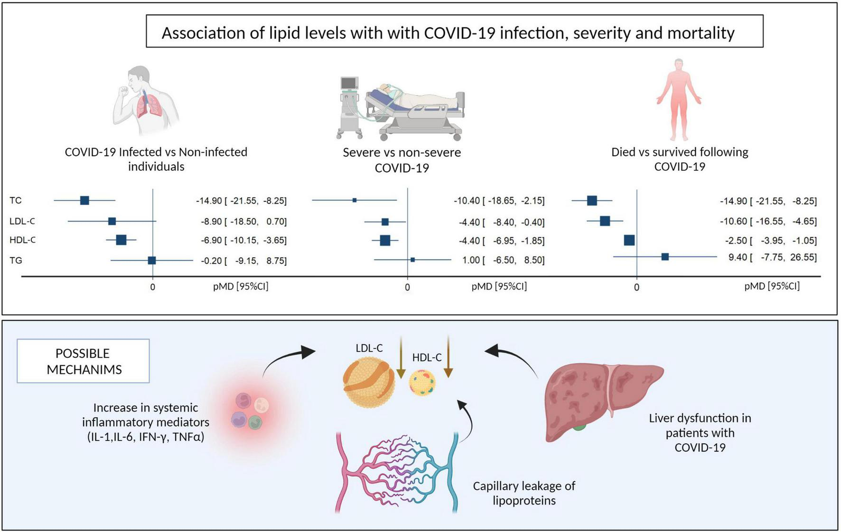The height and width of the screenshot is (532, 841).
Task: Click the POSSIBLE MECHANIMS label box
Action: [x=84, y=361]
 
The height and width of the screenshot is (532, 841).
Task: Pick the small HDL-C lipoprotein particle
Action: [x=422, y=383]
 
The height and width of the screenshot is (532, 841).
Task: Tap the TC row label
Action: [x=16, y=201]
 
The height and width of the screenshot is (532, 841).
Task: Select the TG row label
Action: [x=16, y=261]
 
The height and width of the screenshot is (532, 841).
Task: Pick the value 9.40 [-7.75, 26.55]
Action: [x=772, y=257]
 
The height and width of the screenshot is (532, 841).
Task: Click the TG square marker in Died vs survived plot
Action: [x=665, y=257]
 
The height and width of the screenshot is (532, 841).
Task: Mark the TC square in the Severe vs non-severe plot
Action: [x=355, y=200]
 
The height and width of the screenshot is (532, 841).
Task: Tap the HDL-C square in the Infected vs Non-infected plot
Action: [x=121, y=240]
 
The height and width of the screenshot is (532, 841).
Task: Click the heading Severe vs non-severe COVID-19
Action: [x=402, y=160]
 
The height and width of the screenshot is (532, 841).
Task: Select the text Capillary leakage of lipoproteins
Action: [x=523, y=493]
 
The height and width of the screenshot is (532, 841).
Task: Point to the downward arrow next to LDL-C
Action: [x=401, y=358]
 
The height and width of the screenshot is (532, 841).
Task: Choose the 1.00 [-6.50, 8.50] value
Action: [x=503, y=260]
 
